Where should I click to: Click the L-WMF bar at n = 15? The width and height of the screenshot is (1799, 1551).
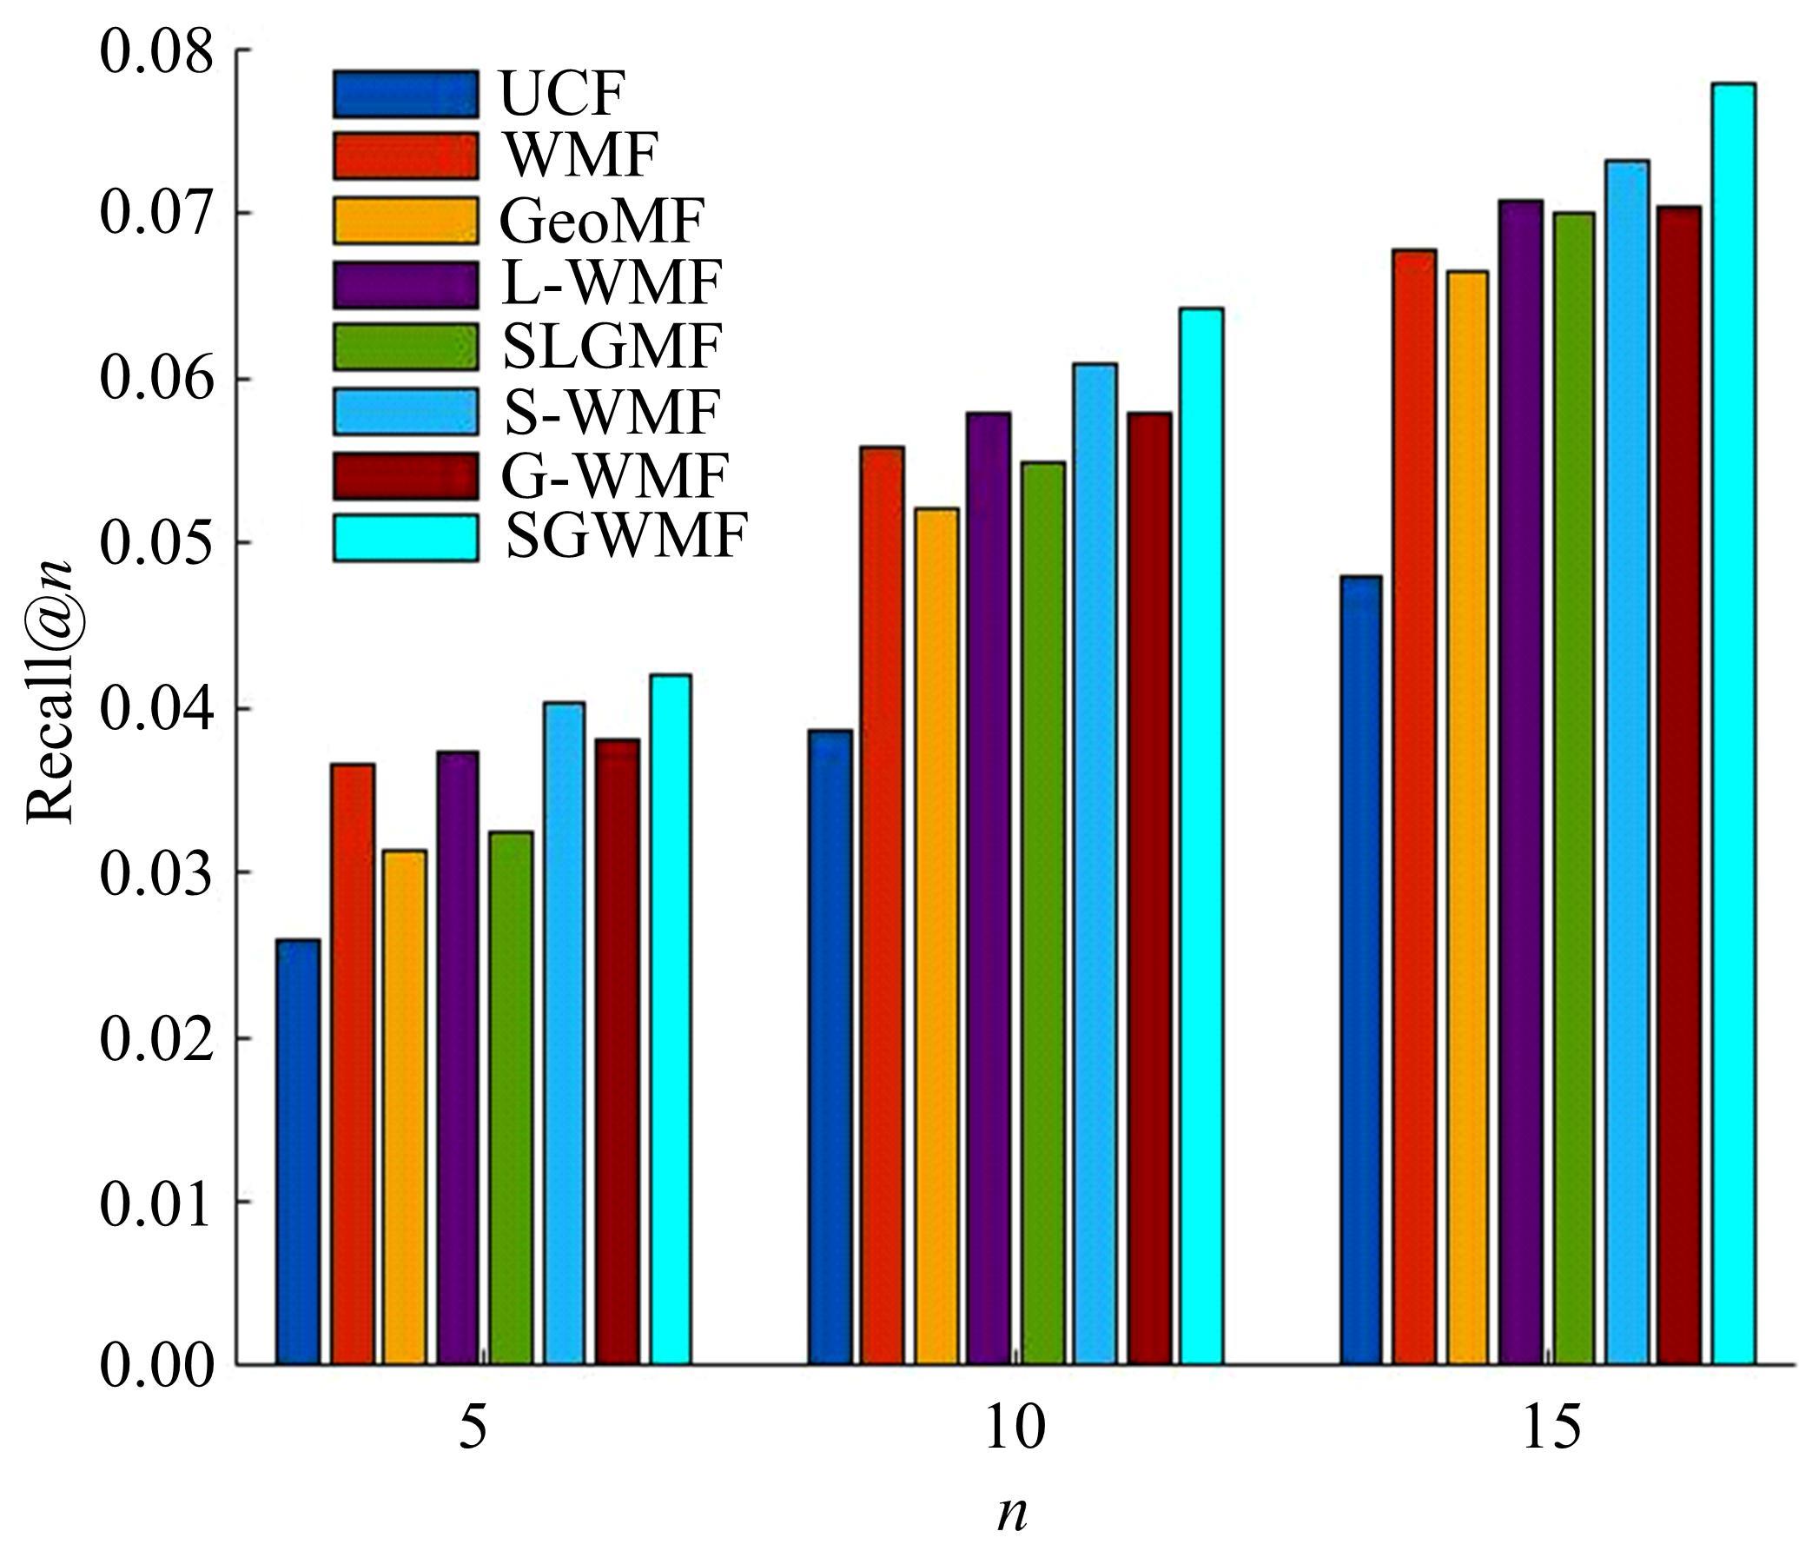tap(1520, 781)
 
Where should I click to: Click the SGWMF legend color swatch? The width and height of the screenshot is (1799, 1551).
tap(405, 538)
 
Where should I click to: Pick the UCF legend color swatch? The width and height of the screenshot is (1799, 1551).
tap(405, 94)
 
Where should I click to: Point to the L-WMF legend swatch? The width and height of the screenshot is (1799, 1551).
tap(405, 284)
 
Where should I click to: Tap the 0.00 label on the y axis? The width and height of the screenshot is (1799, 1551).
tap(156, 1366)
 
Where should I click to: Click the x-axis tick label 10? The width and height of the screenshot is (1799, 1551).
tap(1014, 1428)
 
